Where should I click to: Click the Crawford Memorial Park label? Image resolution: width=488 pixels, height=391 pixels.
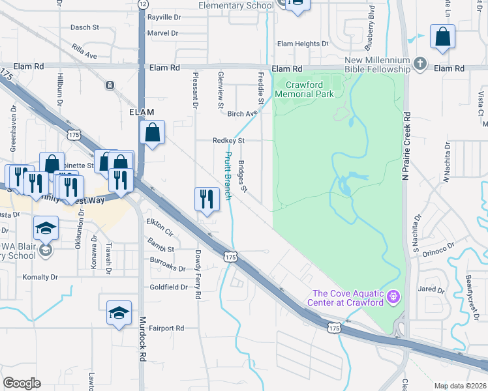304,89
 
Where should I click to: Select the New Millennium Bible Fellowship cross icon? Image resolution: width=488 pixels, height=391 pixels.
421,64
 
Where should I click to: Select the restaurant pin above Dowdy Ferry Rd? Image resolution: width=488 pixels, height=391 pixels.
207,198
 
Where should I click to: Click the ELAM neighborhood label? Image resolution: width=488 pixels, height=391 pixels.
142,112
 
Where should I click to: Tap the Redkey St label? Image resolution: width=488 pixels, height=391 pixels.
228,140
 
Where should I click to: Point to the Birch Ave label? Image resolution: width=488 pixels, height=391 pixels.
240,114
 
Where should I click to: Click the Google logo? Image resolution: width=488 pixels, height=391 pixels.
22,383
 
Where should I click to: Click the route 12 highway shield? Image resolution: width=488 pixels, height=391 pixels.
142,4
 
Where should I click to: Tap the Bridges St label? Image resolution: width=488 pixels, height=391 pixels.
243,177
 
